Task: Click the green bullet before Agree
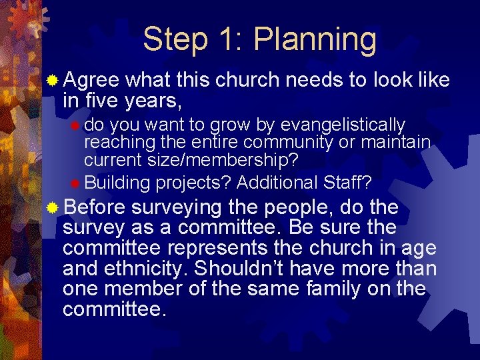tap(53, 81)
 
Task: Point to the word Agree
tap(91, 81)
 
